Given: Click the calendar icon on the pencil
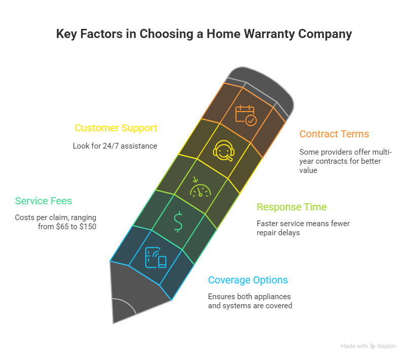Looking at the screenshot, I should [246, 114].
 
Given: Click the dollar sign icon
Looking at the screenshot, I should [178, 222].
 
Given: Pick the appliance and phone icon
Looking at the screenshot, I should [155, 257].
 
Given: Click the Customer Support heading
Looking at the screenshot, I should [116, 128].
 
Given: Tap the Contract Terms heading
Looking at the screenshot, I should [334, 134].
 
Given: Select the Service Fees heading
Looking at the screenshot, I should [44, 201].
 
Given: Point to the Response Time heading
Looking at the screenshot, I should [292, 207].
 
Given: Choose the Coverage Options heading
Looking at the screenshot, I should [248, 280].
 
